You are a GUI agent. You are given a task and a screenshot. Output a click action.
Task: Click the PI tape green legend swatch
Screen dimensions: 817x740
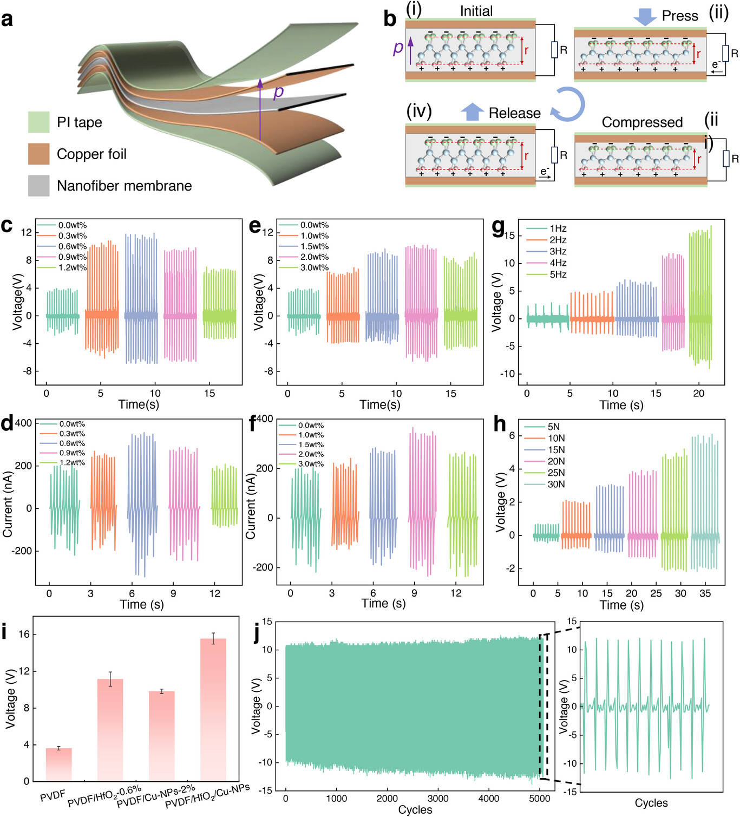tap(38, 122)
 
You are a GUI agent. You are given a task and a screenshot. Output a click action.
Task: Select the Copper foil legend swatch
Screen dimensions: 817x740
tap(38, 154)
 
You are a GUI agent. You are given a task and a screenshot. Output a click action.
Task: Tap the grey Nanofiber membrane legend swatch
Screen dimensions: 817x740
tap(38, 186)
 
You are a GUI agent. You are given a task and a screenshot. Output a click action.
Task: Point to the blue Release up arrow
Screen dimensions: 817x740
tap(472, 112)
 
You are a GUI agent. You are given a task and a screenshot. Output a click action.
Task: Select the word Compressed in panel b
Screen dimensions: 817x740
tap(642, 122)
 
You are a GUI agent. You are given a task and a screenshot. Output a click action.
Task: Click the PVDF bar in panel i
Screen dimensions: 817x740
tap(58, 764)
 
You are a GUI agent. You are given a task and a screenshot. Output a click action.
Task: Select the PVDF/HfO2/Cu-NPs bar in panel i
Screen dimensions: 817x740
tap(213, 709)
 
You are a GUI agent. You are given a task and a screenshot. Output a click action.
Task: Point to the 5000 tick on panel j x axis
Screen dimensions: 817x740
tap(539, 798)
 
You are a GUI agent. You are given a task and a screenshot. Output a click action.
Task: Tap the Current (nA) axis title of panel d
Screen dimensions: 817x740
tap(8, 504)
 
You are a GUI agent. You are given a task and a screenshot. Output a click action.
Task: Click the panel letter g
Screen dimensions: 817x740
tap(499, 227)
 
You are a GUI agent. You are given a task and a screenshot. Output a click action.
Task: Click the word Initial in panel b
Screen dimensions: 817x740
tap(476, 11)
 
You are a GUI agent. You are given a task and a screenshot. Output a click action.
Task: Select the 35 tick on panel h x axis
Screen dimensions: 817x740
tap(705, 593)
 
